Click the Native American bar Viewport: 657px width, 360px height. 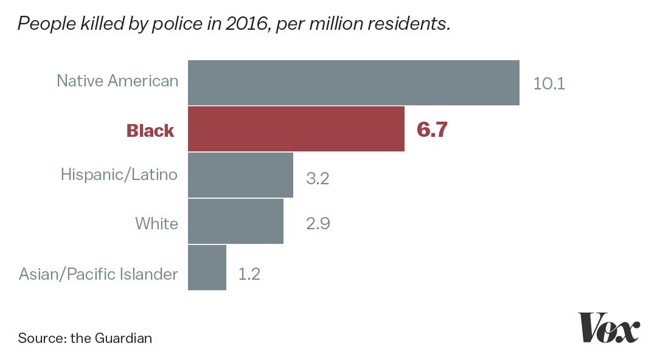click(353, 83)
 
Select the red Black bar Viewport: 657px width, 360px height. click(296, 129)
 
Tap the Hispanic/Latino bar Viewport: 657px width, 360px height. click(240, 175)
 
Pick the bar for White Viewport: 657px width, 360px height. click(235, 221)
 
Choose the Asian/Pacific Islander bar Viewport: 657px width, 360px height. click(207, 268)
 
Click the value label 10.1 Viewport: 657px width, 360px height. click(549, 83)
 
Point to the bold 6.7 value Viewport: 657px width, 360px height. click(432, 130)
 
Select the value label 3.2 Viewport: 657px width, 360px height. click(317, 179)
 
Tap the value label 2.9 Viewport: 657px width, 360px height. click(318, 224)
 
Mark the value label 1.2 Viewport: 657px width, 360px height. click(249, 274)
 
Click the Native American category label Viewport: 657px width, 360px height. click(117, 80)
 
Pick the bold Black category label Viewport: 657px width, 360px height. click(150, 131)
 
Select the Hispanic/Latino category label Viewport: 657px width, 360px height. click(119, 175)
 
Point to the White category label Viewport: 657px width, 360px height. click(156, 224)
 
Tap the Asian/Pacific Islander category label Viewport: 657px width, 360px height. click(99, 274)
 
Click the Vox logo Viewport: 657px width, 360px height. click(608, 328)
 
